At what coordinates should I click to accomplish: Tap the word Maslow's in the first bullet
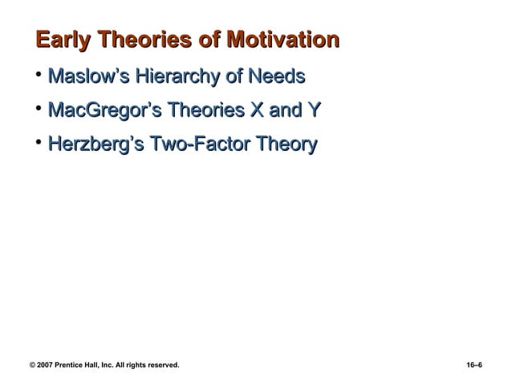[x=87, y=78]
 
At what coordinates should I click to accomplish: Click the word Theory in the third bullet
[x=286, y=146]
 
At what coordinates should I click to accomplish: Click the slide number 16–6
[x=474, y=366]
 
